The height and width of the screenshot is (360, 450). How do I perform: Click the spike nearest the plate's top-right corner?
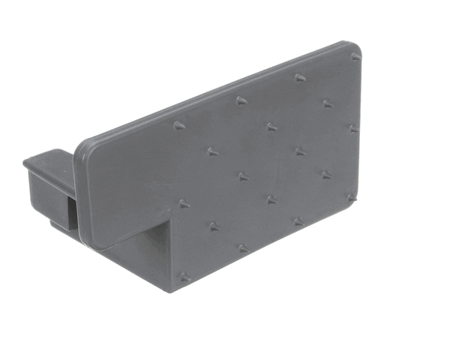pos(355,57)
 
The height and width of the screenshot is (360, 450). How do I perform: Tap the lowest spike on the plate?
pos(184,277)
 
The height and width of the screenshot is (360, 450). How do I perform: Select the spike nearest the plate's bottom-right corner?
pos(350,198)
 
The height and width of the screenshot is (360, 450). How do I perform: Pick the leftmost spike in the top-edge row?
pos(179,125)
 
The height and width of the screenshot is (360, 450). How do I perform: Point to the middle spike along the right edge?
pos(352,129)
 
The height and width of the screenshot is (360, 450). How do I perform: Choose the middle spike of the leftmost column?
pos(183,203)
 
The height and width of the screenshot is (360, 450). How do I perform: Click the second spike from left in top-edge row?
pos(241,100)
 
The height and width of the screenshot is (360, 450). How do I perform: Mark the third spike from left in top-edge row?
pos(300,78)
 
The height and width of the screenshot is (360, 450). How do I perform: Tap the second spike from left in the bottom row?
pos(242,248)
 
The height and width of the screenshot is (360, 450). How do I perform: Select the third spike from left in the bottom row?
pos(298,222)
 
